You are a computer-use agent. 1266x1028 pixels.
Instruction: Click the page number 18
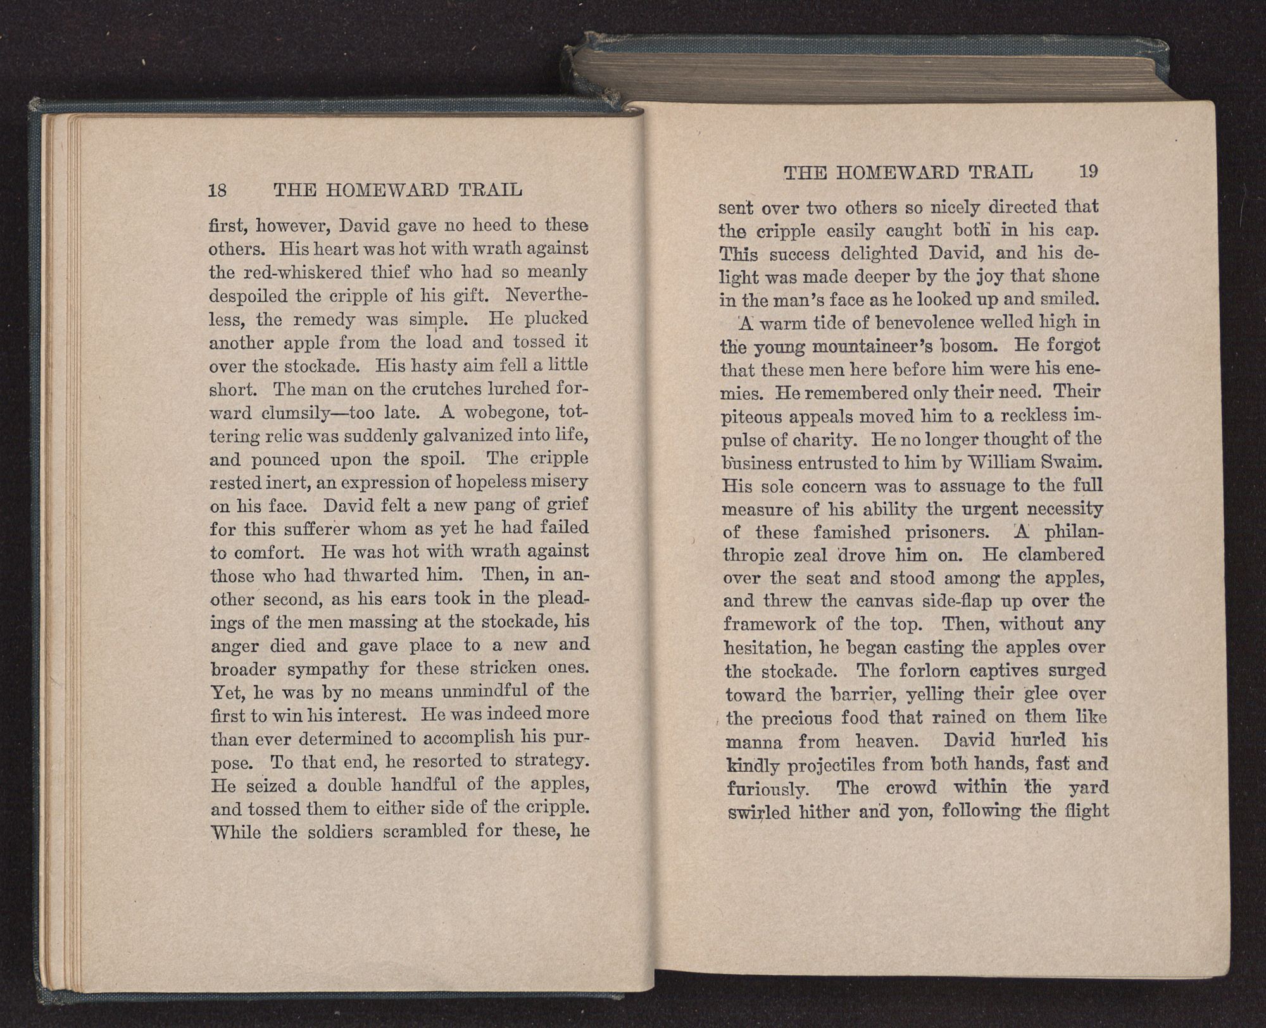tap(218, 190)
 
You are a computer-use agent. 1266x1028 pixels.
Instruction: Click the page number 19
tap(1088, 171)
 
